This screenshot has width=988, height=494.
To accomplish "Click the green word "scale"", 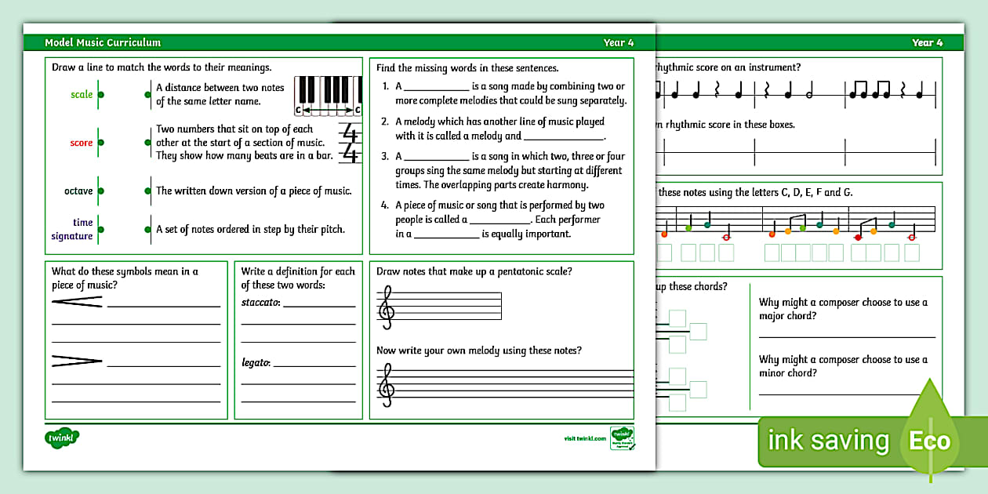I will coord(82,95).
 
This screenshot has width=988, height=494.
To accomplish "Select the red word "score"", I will coord(82,143).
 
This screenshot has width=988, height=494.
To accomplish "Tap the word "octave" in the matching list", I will coord(78,191).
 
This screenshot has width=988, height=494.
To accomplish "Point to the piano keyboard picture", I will coord(328,96).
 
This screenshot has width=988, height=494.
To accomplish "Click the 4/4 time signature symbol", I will coord(350,143).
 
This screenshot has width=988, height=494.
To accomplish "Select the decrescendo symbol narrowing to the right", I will coord(77,361).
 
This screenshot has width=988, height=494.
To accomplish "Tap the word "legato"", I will coord(256,362).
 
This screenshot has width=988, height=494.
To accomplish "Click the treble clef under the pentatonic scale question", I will coord(386,305).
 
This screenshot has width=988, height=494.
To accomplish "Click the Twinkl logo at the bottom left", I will coord(63,438).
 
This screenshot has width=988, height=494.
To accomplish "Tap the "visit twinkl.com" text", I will coord(585,438).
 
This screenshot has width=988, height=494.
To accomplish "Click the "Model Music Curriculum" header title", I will coord(103,42).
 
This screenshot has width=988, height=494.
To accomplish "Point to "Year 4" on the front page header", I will coord(618,42).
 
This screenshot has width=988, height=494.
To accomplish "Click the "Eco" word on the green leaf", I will coord(929,441).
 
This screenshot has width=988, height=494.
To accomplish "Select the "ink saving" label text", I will coord(828,441).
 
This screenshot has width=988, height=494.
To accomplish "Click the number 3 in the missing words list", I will coord(385,156).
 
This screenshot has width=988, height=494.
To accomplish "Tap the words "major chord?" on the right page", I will coord(788,316).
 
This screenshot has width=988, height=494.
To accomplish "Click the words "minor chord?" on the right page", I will coord(788,373).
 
